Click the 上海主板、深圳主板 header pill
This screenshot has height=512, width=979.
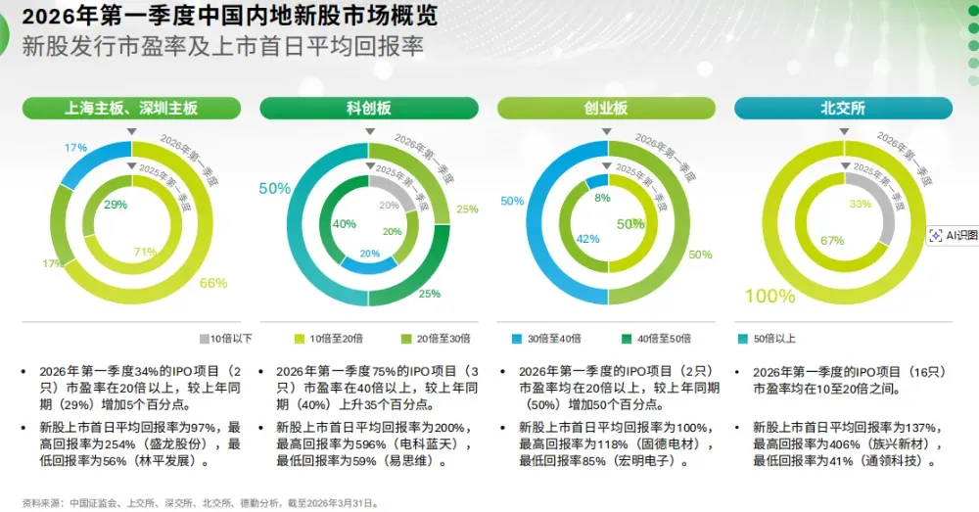click(132, 109)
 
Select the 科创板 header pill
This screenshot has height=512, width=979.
click(369, 109)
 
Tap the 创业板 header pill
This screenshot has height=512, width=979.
click(606, 109)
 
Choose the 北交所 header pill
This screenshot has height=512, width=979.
click(843, 109)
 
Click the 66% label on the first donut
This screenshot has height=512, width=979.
click(213, 283)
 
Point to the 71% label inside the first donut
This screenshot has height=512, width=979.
click(146, 252)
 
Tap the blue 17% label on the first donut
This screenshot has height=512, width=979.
click(75, 147)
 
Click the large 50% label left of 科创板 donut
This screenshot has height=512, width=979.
click(274, 188)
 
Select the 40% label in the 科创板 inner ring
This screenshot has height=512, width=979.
click(345, 224)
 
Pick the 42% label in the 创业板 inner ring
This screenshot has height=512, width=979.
click(587, 239)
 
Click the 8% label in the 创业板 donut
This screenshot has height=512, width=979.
click(602, 198)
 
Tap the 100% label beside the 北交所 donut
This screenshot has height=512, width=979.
click(769, 296)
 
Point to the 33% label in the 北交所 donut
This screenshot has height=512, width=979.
click(861, 205)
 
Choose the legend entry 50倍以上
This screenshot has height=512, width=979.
click(770, 339)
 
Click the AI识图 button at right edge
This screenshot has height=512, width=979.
click(953, 235)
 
